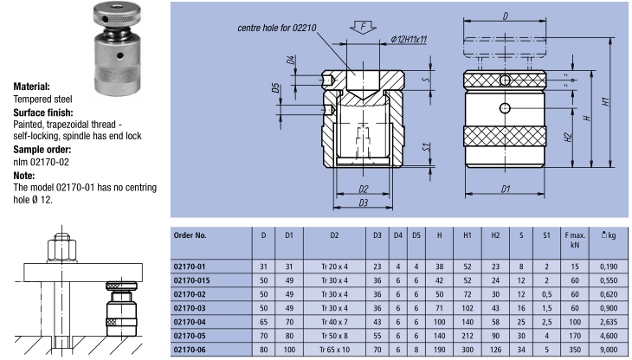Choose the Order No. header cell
[190, 235]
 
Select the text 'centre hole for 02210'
[279, 29]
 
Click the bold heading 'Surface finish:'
[42, 112]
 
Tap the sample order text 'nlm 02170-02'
[41, 161]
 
